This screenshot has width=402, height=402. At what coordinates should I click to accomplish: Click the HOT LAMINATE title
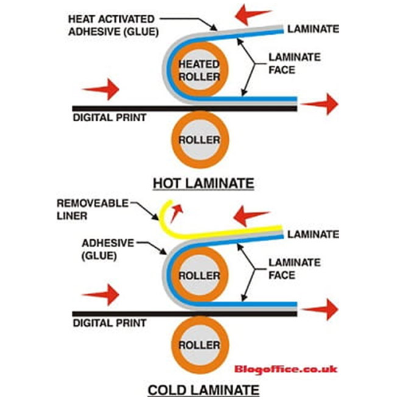[203, 183]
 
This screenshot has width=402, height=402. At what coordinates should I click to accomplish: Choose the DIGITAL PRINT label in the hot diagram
[109, 117]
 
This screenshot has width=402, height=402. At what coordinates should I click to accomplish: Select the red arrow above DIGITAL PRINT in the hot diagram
[100, 90]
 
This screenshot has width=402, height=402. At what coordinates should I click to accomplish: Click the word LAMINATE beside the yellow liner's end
[313, 233]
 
